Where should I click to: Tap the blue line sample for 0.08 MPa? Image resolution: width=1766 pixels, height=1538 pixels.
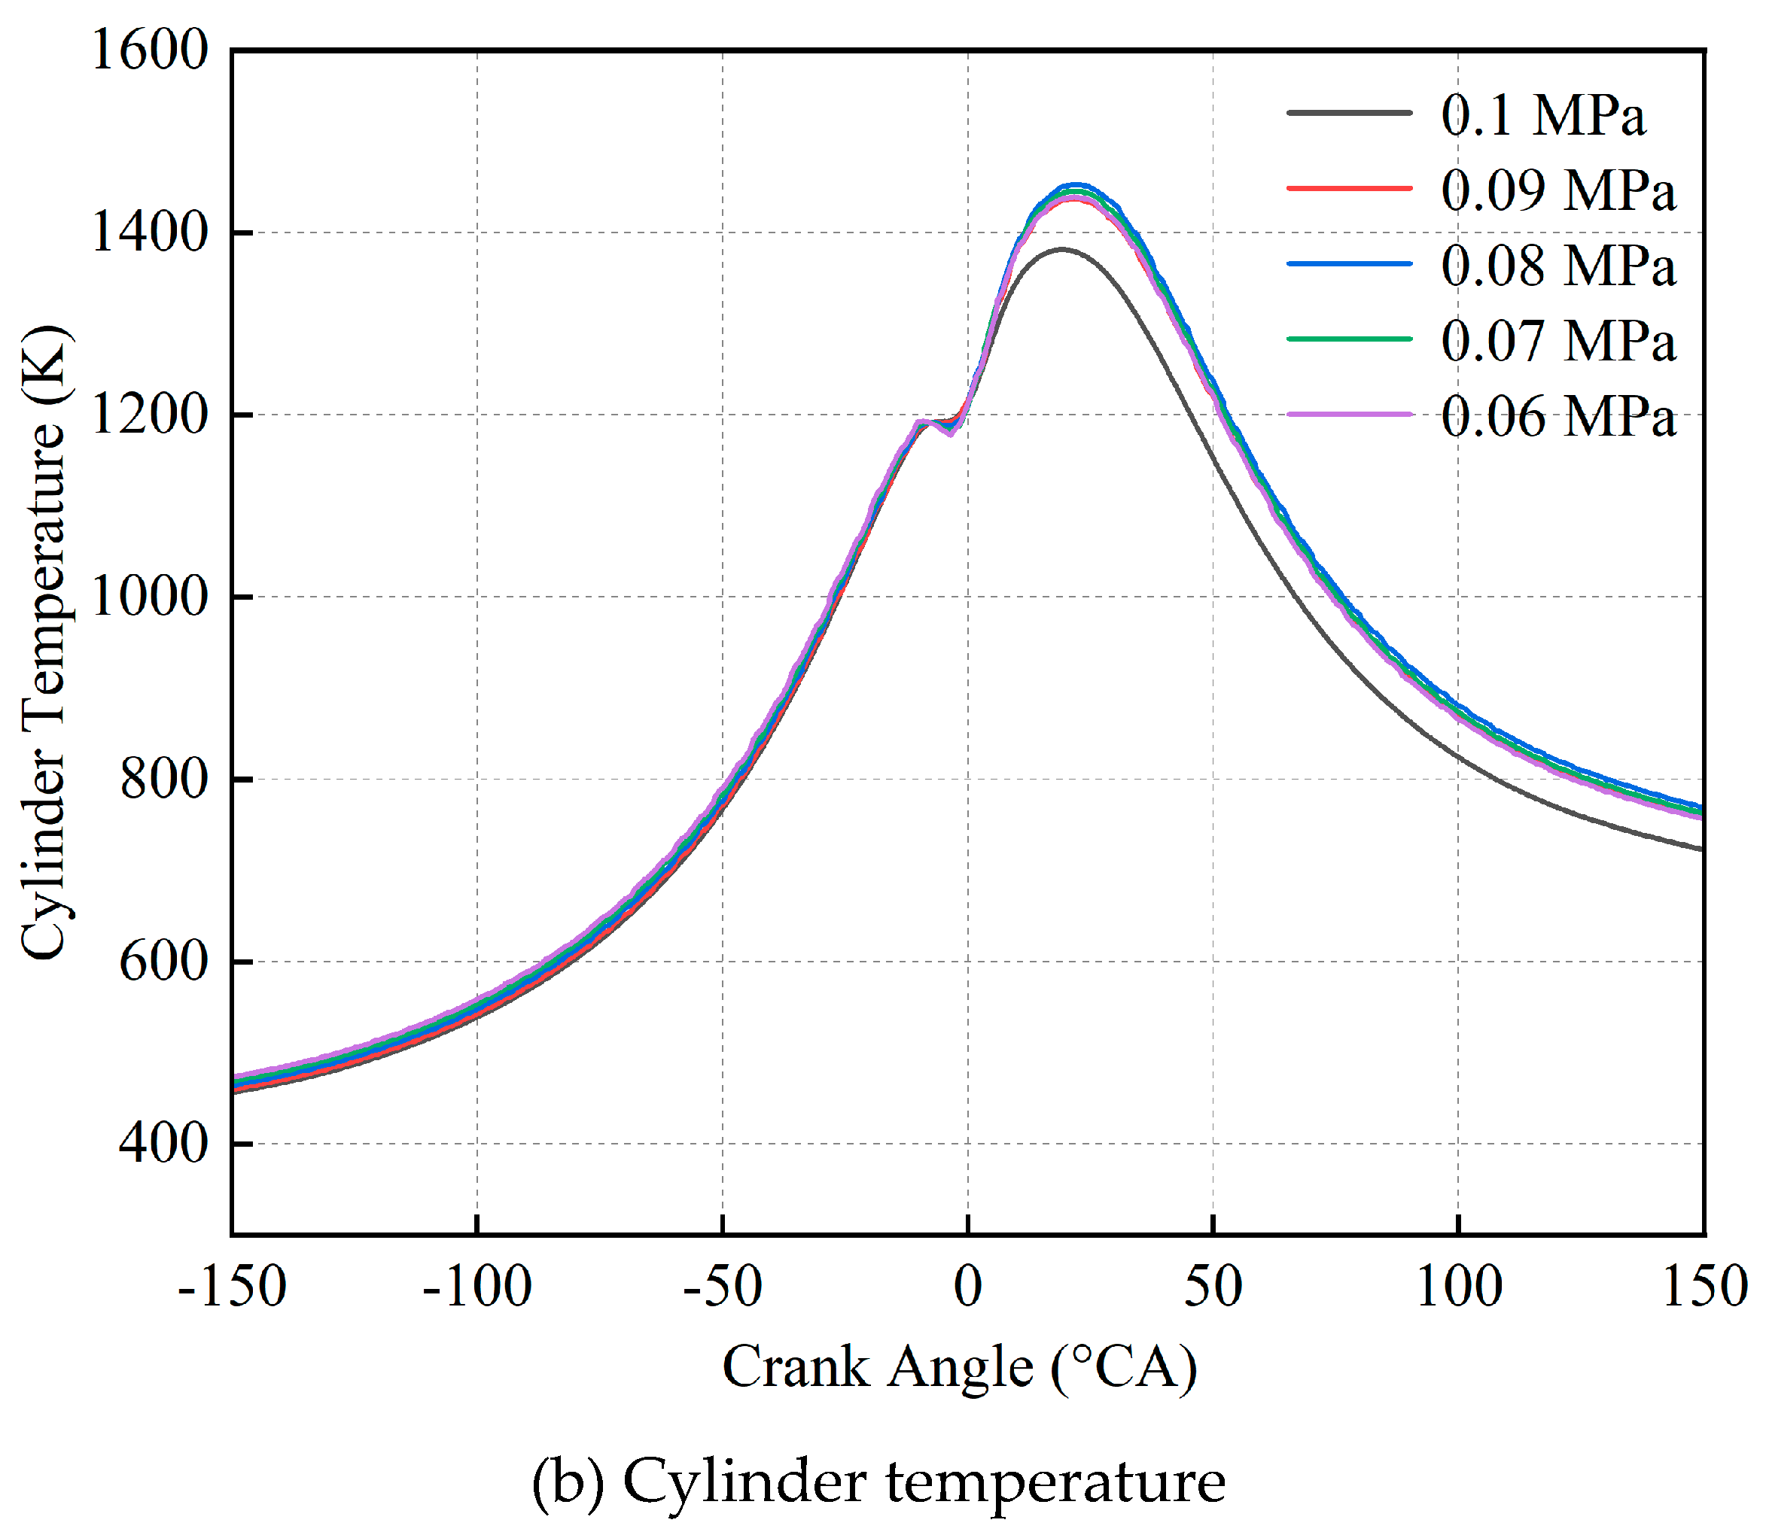pos(1350,263)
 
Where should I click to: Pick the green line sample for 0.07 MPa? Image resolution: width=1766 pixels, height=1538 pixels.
pos(1350,339)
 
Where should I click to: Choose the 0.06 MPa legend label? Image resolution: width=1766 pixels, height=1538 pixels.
pos(1557,416)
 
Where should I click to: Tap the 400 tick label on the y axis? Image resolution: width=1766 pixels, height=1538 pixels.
pos(163,1143)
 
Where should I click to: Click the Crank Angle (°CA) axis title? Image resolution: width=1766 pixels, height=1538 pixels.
pos(959,1367)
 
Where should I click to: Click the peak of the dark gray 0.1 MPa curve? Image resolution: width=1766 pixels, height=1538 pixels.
pos(1062,249)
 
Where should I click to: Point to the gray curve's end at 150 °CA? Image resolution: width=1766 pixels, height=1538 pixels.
pos(1701,849)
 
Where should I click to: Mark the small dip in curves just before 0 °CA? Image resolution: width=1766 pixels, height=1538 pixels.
pos(949,432)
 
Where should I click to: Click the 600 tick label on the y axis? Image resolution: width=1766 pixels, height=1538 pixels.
pos(163,962)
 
